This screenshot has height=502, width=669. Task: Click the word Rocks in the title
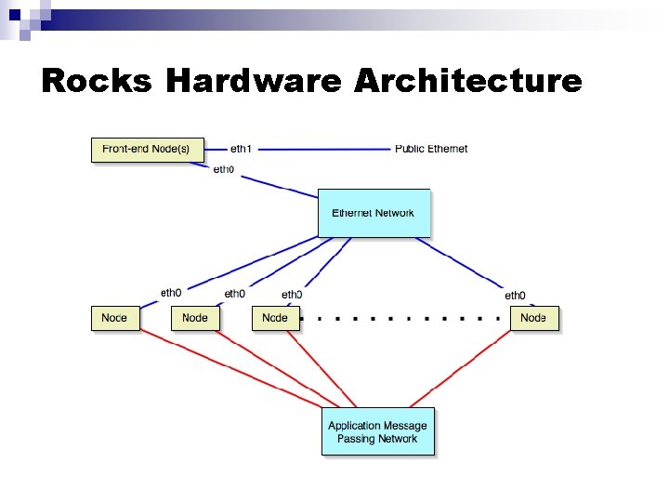tap(97, 81)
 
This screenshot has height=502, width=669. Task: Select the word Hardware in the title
tap(253, 81)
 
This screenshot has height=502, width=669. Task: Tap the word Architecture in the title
tap(467, 81)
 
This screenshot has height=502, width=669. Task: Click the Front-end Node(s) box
tap(147, 149)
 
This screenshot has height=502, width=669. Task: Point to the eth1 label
tap(241, 149)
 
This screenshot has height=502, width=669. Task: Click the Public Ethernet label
tap(431, 149)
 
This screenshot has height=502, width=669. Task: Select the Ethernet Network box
tap(374, 213)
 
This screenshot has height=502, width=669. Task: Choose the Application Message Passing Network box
tap(377, 431)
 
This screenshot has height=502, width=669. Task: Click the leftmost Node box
tap(114, 318)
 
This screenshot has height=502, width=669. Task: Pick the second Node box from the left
tap(195, 318)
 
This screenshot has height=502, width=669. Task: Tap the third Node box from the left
tap(275, 318)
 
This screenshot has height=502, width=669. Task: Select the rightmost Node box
tap(534, 318)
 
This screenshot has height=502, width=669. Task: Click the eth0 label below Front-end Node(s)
tap(224, 169)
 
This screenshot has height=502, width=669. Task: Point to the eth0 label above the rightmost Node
tap(516, 295)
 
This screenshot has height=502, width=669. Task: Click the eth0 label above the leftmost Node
tap(171, 293)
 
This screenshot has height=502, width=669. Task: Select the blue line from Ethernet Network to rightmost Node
tap(465, 265)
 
